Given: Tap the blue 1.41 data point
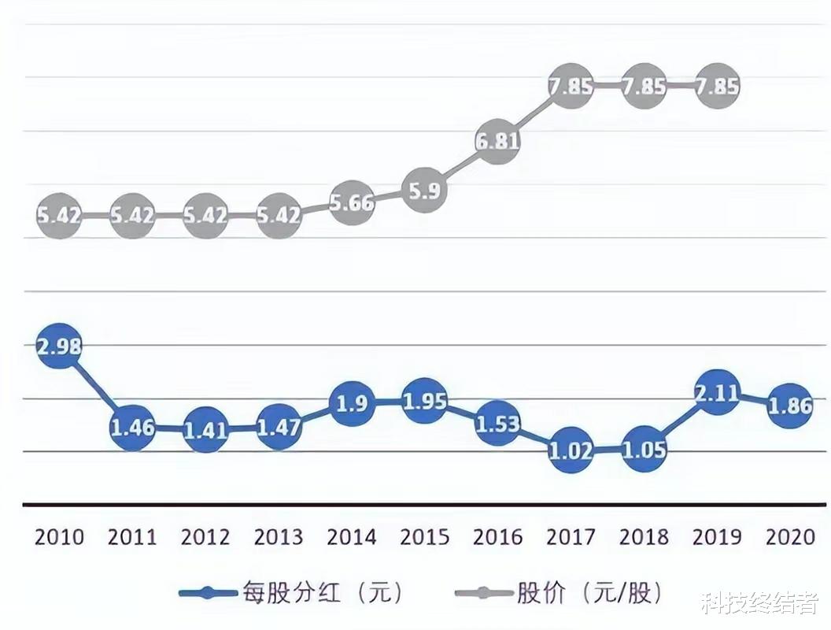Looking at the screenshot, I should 205,431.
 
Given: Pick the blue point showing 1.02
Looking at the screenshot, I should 571,451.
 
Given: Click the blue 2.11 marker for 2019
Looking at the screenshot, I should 717,391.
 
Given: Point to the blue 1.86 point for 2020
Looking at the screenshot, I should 789,406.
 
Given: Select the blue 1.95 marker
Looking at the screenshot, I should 424,402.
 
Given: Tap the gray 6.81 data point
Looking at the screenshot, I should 497,142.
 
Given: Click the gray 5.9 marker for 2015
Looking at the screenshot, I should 424,190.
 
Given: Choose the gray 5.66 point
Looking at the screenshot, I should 351,202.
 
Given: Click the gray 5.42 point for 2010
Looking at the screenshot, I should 59,215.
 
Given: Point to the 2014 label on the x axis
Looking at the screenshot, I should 351,537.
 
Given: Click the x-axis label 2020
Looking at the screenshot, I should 789,537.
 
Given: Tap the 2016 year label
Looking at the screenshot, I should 497,537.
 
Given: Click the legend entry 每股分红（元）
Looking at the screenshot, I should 291,593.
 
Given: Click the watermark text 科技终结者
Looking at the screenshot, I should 760,604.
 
